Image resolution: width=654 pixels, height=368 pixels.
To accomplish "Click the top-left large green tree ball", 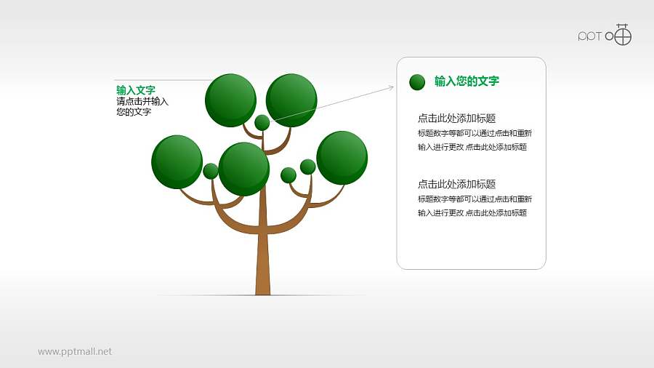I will [230, 100].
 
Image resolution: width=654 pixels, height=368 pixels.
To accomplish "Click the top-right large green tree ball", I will [291, 100].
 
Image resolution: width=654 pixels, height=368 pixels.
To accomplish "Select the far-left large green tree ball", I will [177, 161].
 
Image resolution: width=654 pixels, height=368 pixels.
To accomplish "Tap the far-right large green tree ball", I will [342, 157].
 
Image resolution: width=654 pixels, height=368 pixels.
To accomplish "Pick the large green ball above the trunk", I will [243, 169].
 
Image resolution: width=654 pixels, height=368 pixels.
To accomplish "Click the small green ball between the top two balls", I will [262, 122].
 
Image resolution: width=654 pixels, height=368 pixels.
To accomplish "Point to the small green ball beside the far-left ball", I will [211, 171].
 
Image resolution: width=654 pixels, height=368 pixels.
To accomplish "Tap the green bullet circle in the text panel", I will [417, 82].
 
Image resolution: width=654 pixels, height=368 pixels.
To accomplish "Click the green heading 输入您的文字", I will [467, 81].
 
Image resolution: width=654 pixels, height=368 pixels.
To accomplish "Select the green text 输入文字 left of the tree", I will [135, 90].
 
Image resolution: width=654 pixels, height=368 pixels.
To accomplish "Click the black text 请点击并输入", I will [142, 102].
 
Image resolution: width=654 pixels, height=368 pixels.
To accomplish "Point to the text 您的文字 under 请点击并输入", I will [134, 113].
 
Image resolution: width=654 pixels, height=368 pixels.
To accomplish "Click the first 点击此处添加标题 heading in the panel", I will [457, 119].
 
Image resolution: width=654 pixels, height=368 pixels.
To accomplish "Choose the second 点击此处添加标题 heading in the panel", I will [457, 184].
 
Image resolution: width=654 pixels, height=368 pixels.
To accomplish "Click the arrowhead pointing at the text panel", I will [391, 87].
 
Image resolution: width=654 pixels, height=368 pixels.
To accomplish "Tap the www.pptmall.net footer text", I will [75, 351].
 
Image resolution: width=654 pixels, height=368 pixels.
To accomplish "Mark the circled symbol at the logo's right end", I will [623, 35].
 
